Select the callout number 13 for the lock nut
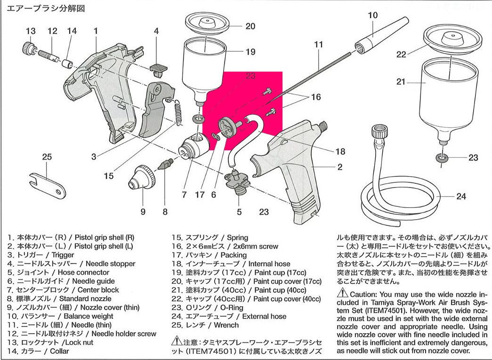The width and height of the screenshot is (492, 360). click(31, 31)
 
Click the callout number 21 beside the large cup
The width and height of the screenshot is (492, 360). click(401, 82)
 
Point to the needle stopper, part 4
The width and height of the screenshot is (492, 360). click(158, 68)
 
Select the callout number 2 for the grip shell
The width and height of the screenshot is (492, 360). click(340, 167)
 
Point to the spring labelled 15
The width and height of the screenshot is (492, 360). click(178, 113)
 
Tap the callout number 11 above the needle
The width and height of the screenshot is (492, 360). click(319, 45)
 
